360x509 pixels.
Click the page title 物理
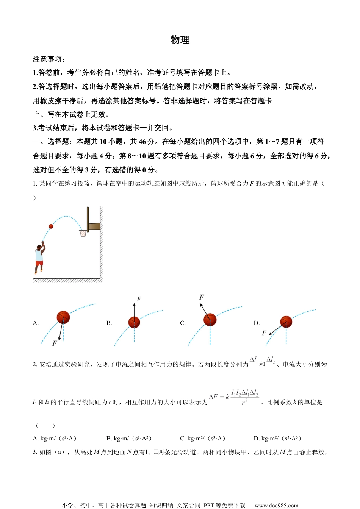click(x=180, y=40)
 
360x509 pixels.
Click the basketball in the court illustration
click(x=51, y=226)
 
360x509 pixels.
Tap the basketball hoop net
click(x=83, y=233)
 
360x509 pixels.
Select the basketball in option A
click(x=63, y=317)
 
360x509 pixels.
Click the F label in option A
click(x=55, y=343)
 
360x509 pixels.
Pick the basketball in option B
click(x=134, y=322)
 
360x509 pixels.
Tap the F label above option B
click(x=139, y=299)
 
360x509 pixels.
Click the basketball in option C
click(x=210, y=320)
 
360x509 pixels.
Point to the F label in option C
click(x=202, y=297)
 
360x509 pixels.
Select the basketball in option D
click(x=286, y=322)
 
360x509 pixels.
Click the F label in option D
click(x=264, y=333)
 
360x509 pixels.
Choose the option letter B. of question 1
click(x=109, y=323)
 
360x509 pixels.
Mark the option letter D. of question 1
click(x=257, y=323)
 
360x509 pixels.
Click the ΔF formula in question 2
click(x=234, y=397)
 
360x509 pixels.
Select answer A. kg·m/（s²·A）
click(x=55, y=439)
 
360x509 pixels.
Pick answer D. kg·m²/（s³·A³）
click(x=278, y=439)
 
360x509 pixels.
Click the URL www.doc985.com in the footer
click(x=276, y=505)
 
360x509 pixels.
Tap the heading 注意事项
click(x=48, y=59)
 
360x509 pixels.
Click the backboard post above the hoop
click(x=88, y=219)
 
